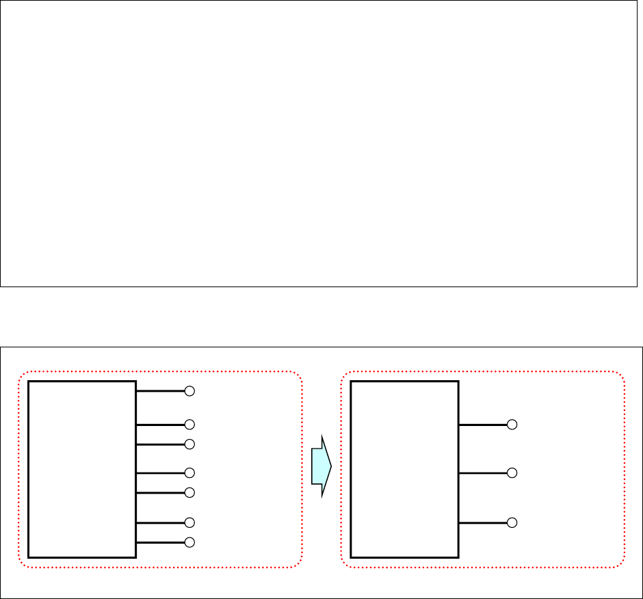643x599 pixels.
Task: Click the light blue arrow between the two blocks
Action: point(320,466)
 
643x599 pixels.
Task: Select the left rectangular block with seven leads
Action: point(82,469)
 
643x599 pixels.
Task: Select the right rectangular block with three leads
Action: point(404,469)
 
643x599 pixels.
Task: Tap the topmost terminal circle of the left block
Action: point(190,392)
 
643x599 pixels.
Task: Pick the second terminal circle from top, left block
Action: point(190,425)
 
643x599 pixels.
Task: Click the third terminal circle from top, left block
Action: point(190,444)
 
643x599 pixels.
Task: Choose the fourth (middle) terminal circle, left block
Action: point(190,472)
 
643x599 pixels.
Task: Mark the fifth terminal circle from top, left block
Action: point(190,492)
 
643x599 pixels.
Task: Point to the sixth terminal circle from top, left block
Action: point(190,522)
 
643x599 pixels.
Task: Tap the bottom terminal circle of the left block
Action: point(190,542)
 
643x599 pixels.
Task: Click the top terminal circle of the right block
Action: point(512,425)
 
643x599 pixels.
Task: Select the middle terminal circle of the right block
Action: point(512,472)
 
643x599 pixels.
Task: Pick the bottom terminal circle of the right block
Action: point(512,522)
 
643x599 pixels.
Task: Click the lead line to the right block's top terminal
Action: point(482,425)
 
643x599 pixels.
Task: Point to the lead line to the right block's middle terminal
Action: point(482,472)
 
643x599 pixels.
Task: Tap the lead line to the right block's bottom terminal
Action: point(482,522)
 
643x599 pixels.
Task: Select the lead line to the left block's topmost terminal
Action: point(161,392)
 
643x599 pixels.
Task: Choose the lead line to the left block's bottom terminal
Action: point(161,542)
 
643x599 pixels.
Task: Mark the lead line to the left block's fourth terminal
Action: point(161,472)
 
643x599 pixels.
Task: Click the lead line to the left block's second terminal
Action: point(161,425)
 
